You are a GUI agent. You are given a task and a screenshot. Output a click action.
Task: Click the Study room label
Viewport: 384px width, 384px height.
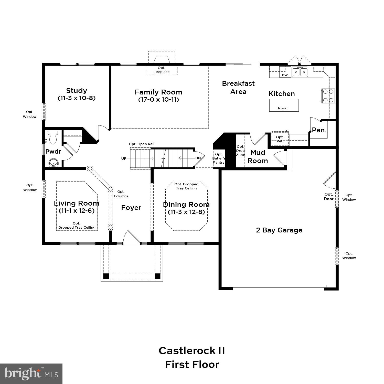77,91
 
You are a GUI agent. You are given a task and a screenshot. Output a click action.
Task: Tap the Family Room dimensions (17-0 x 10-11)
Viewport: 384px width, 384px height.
158,100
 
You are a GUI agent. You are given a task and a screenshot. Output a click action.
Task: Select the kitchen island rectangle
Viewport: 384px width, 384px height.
284,105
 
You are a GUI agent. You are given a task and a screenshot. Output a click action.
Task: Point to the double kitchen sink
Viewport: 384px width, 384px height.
300,72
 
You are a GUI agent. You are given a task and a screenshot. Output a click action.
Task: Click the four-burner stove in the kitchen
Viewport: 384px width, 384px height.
328,96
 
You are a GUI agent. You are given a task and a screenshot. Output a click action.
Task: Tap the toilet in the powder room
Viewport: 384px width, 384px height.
53,137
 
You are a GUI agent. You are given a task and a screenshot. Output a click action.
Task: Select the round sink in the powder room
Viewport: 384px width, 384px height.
54,163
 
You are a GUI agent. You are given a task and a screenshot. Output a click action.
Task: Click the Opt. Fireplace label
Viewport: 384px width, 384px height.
162,70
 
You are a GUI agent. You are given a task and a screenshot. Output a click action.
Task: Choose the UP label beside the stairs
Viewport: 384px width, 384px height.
124,159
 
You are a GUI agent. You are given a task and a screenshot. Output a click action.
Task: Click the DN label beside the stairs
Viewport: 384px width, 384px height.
198,158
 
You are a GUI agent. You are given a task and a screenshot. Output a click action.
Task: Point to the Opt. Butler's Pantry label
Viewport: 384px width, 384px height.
219,158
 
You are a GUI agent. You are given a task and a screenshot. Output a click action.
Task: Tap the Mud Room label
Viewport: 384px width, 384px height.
258,157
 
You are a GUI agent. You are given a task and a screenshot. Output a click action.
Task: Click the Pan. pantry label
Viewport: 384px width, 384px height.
319,130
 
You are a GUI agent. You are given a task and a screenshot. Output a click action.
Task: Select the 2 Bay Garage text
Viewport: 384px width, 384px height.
279,230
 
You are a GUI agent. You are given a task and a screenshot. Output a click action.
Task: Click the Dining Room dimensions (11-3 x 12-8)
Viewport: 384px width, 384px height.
186,212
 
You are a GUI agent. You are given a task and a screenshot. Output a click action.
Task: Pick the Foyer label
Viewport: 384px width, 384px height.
131,208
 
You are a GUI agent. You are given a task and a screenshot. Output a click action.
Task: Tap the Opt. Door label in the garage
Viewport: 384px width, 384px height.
329,197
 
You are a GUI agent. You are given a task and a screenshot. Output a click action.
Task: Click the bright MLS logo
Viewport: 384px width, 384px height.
31,374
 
